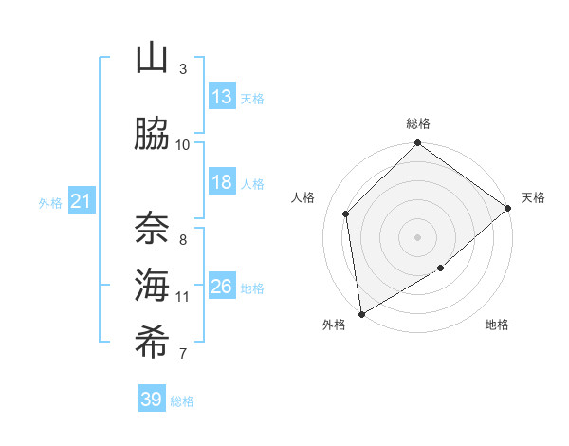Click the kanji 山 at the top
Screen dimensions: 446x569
coord(152,60)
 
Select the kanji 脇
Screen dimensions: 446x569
coord(152,135)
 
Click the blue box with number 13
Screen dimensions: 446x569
coord(222,97)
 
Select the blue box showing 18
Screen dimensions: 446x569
coord(222,182)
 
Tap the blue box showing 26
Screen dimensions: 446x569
coord(222,287)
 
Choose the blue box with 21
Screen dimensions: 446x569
coord(82,201)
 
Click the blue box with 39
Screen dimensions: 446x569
coord(152,400)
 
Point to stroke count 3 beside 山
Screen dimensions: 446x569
coord(183,69)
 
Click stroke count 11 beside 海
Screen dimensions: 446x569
coord(183,297)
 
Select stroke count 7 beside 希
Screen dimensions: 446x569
coord(183,354)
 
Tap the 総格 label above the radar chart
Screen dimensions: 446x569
coord(418,123)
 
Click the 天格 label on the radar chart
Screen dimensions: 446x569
coord(533,197)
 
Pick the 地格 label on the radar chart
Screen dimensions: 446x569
coord(497,325)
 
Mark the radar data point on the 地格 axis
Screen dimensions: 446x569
coord(441,269)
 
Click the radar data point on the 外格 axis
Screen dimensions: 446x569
coord(361,314)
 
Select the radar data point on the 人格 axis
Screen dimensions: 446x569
coord(346,214)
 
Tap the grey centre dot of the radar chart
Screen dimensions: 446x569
coord(418,236)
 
